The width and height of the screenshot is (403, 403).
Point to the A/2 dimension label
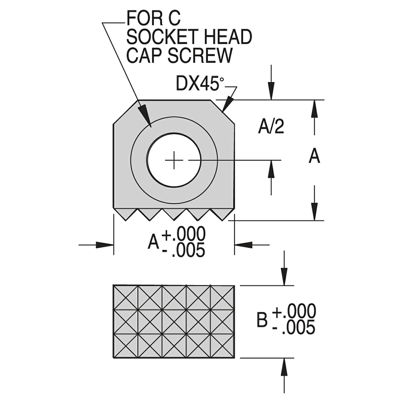tap(271, 127)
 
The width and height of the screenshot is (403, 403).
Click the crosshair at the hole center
tap(174, 160)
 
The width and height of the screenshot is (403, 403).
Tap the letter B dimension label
tap(262, 320)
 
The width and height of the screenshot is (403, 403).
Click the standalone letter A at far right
tap(314, 156)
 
